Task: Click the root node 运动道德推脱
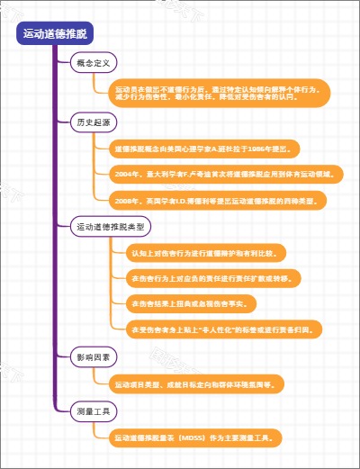[x=55, y=34]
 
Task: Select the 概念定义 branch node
[x=93, y=63]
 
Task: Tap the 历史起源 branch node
[x=93, y=122]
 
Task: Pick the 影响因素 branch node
[x=93, y=358]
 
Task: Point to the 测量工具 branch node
[x=93, y=411]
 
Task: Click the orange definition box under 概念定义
[x=220, y=93]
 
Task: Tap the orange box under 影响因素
[x=198, y=384]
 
